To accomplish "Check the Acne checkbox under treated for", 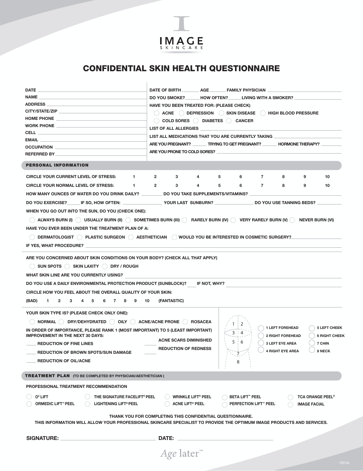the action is click(157, 113).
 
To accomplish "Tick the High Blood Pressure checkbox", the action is click(263, 113).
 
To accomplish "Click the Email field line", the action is click(92, 141).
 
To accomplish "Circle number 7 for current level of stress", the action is click(262, 177).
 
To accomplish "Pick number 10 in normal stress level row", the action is click(327, 185).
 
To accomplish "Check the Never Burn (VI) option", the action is click(292, 220).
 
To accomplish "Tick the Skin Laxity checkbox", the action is click(67, 267).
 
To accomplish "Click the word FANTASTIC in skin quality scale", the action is click(171, 301).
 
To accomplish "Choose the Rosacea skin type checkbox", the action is click(185, 322).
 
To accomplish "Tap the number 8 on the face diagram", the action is click(238, 362).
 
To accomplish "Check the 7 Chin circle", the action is click(312, 343).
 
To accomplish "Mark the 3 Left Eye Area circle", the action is click(261, 343).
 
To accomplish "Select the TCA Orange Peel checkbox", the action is click(290, 397).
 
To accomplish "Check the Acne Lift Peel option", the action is click(167, 404).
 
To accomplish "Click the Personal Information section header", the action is click(57, 165).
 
